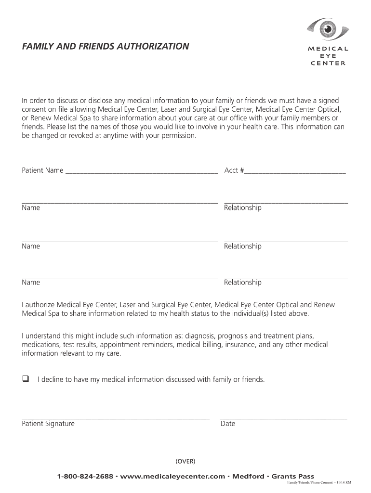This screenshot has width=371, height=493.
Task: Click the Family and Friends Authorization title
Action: click(106, 47)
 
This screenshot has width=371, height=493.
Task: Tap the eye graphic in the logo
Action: click(328, 30)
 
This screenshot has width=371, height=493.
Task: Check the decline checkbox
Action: click(26, 379)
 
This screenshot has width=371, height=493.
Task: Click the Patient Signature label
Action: click(48, 424)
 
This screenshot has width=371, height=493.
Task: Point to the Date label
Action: click(228, 424)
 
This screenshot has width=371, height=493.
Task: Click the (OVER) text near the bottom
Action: click(185, 461)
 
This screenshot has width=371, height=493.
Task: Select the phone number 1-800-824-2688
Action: click(85, 476)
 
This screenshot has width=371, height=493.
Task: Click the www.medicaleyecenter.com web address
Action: click(172, 476)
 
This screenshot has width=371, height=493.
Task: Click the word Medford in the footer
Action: click(248, 476)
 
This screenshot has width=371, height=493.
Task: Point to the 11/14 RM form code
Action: click(344, 483)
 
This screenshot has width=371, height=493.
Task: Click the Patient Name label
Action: click(42, 170)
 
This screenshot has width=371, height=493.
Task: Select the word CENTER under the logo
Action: click(328, 63)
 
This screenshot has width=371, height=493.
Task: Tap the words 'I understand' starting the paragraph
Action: click(43, 336)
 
